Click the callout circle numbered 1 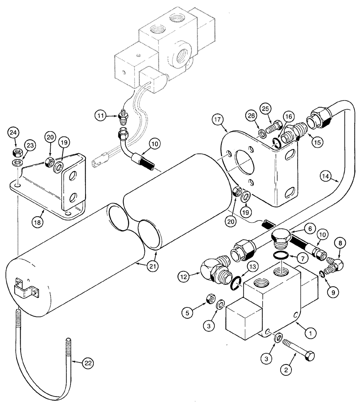point(310,334)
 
